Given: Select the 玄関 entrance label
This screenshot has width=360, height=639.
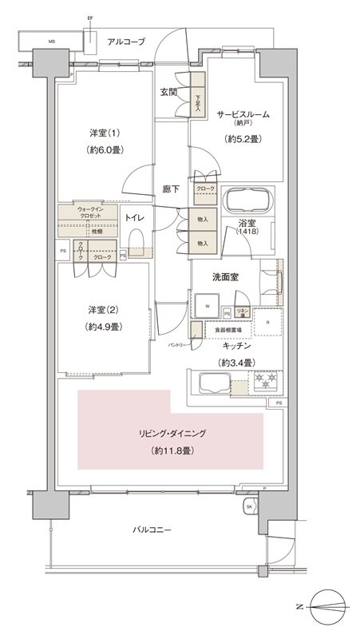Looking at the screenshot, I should (168, 91).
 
